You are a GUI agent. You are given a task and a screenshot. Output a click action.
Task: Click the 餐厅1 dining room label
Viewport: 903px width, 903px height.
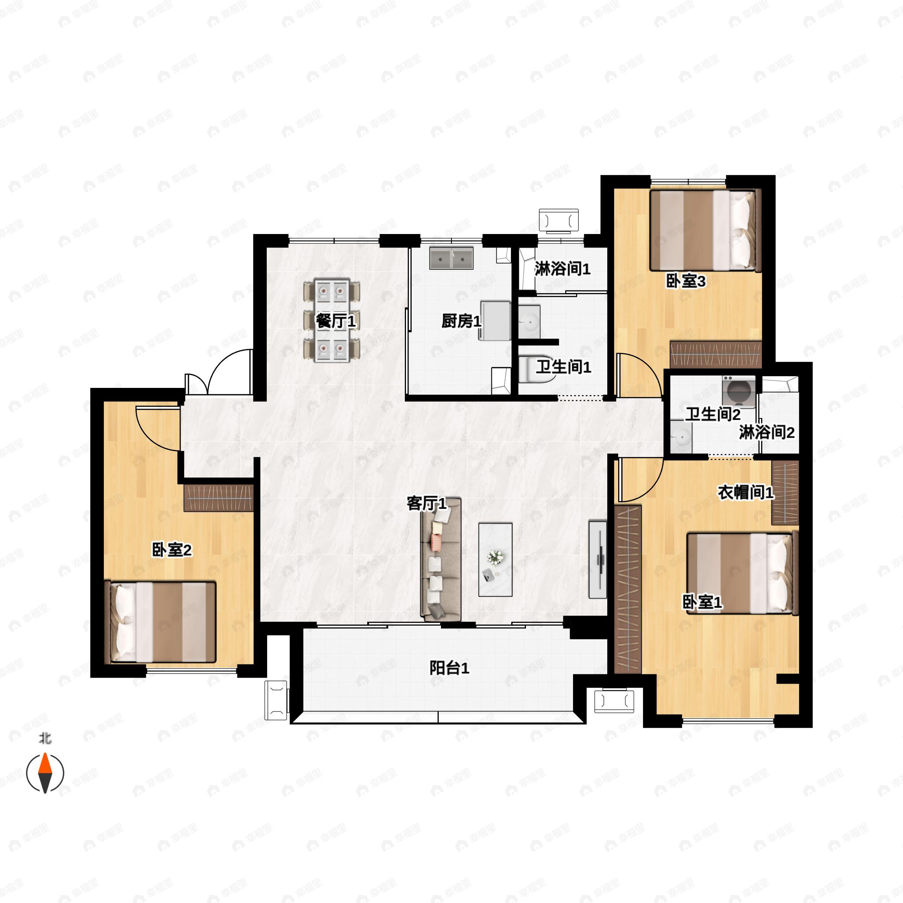point(336,321)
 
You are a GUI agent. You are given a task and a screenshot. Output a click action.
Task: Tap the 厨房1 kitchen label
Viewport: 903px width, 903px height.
point(461,321)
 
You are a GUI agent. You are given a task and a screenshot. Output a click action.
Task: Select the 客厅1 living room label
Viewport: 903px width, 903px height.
point(426,503)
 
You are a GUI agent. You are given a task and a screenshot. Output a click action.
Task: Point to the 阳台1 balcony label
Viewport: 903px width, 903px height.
point(449,668)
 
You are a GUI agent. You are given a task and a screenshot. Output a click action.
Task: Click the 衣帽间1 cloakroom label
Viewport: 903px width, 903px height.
point(745,492)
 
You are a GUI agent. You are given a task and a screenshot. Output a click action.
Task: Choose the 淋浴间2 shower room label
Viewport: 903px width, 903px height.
point(766,432)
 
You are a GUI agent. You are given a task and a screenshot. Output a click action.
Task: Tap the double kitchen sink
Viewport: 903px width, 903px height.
point(451,258)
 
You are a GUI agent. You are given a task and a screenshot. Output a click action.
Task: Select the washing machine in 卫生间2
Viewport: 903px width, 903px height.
point(739,390)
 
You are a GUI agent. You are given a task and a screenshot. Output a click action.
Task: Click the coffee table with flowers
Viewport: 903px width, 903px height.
point(495,559)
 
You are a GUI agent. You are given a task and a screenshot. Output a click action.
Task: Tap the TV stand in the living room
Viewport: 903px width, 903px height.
point(598,559)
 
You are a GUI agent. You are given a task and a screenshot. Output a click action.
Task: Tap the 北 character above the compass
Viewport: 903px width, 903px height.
point(45,739)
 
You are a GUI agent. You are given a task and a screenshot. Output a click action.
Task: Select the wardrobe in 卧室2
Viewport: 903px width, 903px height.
point(218,498)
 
